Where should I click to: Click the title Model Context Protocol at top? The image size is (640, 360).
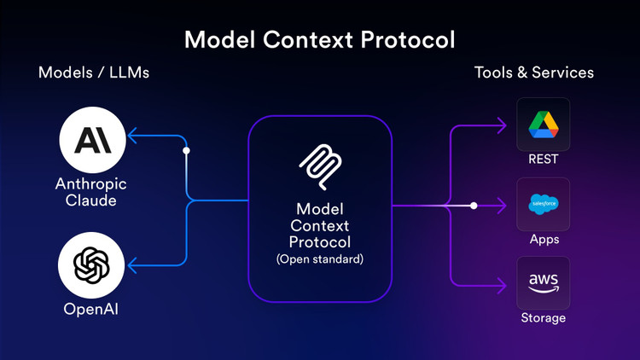pos(320,39)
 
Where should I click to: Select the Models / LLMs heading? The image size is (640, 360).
pos(94,73)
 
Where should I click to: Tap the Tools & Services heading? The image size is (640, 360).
pos(534,73)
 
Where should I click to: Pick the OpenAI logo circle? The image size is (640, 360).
pos(91,264)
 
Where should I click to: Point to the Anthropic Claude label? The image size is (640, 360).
pos(91,192)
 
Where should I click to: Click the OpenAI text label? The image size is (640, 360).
pos(91,309)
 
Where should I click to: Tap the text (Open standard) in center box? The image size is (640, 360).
pos(320,258)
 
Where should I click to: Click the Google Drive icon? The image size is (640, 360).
pos(544,125)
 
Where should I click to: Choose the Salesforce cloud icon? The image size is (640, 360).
pos(544,204)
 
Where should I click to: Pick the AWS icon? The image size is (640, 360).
pos(544,282)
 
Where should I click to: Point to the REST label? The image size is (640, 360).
pos(544,160)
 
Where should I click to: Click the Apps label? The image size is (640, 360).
pos(544,239)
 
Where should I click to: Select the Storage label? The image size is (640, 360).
pos(544,318)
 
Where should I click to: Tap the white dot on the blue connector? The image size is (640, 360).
pos(187,150)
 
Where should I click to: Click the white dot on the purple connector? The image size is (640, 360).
pos(474,206)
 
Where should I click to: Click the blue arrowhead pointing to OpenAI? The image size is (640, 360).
pos(133,264)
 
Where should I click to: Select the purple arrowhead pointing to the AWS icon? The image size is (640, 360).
pos(501,283)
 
